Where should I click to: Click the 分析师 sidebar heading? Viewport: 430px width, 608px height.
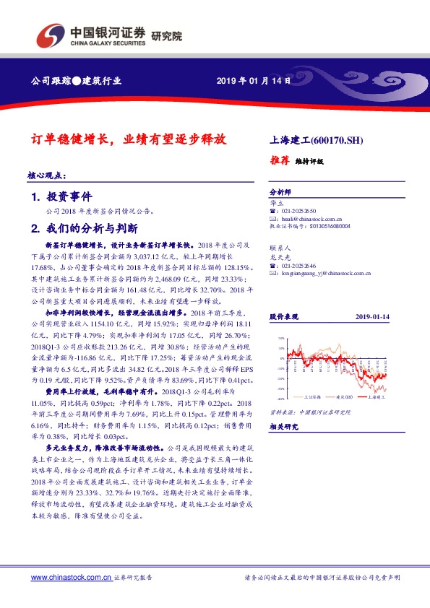279,193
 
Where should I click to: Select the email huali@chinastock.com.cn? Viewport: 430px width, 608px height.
301,217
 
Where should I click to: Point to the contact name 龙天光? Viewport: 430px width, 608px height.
279,256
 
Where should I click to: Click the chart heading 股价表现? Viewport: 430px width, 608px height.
283,317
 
